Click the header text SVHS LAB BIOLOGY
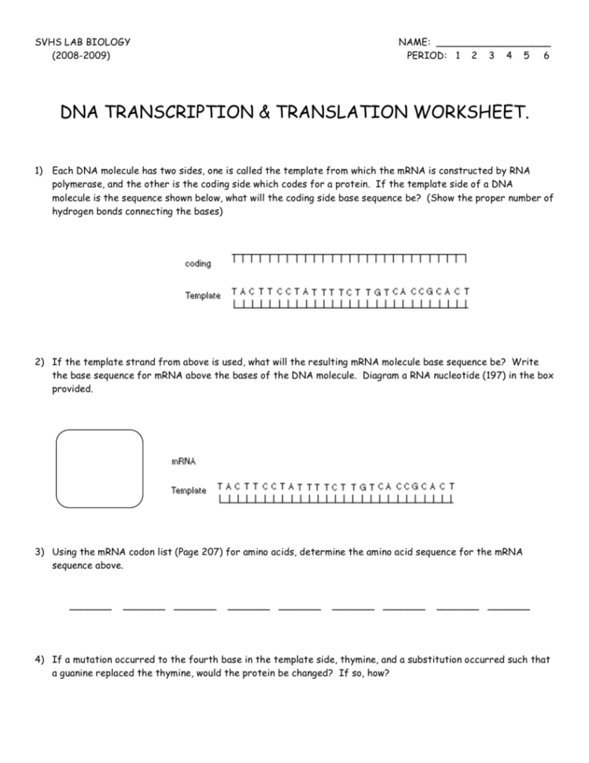[x=83, y=42]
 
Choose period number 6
[x=545, y=56]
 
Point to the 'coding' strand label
[x=198, y=264]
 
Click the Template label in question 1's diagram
[x=203, y=296]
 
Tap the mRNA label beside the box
[x=183, y=462]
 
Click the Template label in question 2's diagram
[x=189, y=490]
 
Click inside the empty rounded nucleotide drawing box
[x=99, y=471]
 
